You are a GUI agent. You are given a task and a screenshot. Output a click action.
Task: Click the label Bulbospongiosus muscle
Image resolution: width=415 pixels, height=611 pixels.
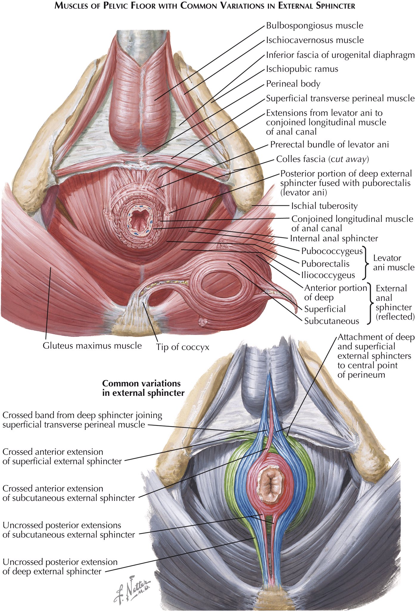coord(315,26)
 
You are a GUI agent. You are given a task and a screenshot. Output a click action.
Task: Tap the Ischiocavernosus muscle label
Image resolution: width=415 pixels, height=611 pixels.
coord(315,40)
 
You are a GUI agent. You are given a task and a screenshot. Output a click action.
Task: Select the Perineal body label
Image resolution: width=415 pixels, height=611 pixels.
coord(293,84)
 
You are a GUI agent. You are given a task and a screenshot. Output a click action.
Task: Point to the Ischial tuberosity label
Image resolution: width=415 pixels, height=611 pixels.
coord(324,206)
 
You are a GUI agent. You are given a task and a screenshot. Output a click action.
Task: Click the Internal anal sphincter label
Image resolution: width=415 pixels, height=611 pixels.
coord(334,238)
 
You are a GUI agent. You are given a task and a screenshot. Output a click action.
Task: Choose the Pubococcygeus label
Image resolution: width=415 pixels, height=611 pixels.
coord(332,251)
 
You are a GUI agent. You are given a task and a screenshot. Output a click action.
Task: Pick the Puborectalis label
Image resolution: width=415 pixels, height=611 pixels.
coord(325,264)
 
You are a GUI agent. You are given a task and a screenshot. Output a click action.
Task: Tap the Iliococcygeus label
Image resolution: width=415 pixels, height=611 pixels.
coord(328,275)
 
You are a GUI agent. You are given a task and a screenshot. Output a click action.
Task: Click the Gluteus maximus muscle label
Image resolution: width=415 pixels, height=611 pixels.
coord(92,346)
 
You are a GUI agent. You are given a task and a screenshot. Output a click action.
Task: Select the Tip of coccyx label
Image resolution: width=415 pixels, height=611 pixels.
coord(182,347)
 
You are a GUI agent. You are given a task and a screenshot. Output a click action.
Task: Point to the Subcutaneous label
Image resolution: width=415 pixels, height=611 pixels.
coord(332,321)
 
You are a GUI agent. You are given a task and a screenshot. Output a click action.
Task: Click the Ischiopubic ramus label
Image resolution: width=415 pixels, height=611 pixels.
coord(302,69)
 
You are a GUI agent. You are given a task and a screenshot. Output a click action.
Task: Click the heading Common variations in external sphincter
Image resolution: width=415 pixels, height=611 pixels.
coord(143,388)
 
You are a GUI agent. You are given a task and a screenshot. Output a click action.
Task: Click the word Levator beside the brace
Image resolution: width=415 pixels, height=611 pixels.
coord(387,258)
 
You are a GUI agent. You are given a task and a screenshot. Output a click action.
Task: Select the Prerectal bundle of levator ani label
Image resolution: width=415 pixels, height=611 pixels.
coord(329,145)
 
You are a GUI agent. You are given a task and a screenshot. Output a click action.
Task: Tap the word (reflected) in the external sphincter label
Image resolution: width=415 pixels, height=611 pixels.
coord(395,317)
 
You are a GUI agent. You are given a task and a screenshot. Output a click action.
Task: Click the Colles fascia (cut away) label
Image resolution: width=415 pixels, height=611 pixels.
coord(323,159)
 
